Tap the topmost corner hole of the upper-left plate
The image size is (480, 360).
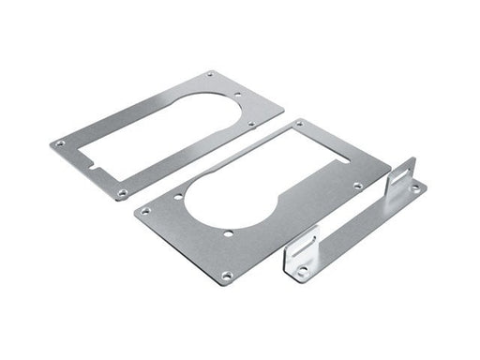209,74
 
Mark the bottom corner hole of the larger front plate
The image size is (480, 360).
226,275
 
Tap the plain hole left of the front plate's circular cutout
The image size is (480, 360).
181,197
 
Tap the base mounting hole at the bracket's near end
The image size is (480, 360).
302,273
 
